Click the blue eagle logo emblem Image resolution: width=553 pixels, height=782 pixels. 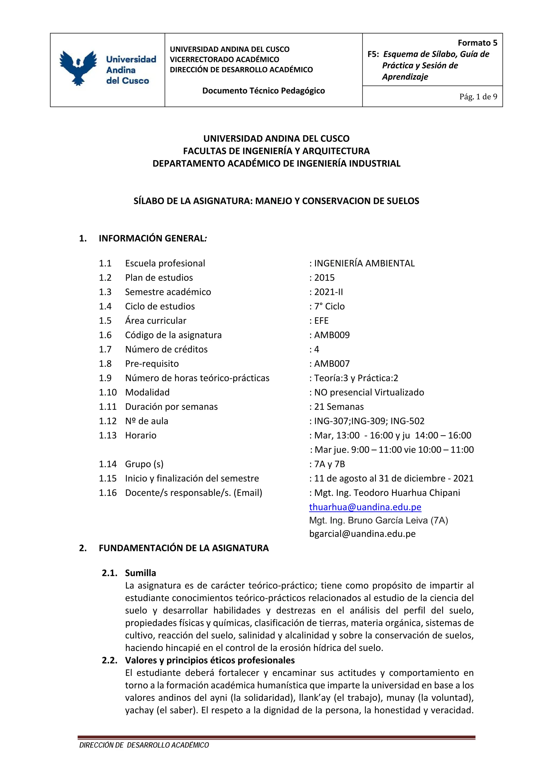78,68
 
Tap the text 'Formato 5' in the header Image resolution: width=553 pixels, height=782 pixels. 477,43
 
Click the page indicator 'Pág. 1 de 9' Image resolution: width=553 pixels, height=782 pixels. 478,97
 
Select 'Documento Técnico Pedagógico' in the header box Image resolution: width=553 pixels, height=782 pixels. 263,91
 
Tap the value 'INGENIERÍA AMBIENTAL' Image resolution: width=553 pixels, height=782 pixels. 364,263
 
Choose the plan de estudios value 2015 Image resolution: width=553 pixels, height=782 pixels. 324,278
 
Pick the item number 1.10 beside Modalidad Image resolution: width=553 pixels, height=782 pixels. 108,392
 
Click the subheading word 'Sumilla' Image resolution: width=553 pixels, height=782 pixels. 140,573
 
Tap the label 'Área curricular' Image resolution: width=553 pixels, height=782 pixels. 156,321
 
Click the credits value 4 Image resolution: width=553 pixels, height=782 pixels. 317,349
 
